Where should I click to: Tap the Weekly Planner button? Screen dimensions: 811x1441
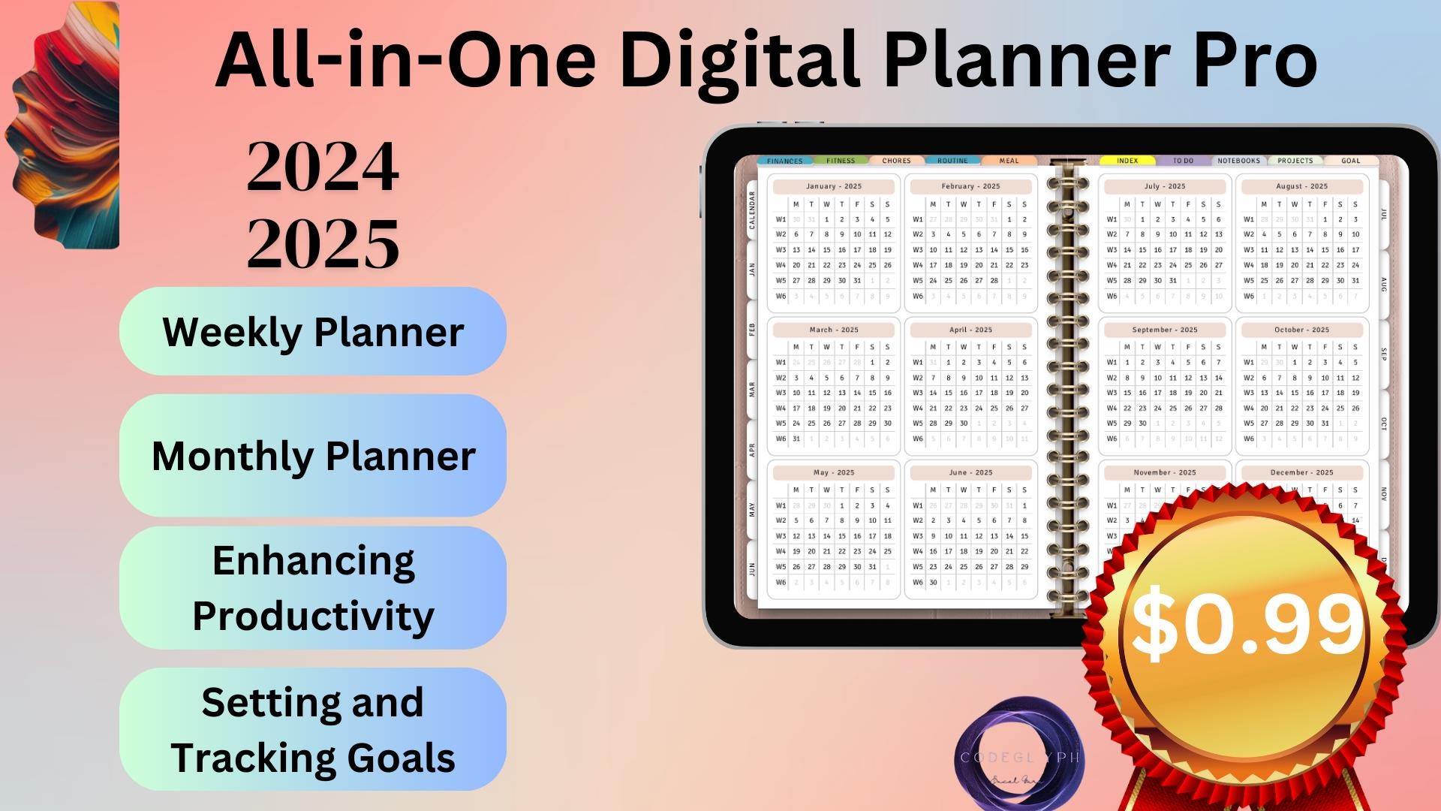pos(313,331)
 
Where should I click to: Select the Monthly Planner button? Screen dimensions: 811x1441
pos(313,455)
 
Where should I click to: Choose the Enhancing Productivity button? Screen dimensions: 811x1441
pos(313,588)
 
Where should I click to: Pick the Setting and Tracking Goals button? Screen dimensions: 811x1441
pos(313,729)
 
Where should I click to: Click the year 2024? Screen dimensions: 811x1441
pos(323,167)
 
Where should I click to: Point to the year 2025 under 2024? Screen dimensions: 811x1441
pos(323,243)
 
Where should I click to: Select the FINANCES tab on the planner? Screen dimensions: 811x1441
pos(785,161)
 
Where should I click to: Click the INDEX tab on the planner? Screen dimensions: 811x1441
pos(1127,161)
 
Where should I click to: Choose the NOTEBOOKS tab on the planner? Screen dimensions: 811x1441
pos(1239,161)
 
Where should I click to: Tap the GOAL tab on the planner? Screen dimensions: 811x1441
pos(1351,161)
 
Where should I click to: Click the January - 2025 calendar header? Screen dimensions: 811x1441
pos(834,186)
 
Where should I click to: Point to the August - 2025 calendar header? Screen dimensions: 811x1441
pos(1301,186)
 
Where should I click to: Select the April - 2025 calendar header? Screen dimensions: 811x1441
pos(970,330)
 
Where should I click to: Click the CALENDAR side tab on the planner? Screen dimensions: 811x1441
pos(752,210)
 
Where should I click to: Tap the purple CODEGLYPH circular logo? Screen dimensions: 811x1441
pos(1019,755)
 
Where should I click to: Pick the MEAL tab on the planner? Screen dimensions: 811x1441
pos(1009,161)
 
